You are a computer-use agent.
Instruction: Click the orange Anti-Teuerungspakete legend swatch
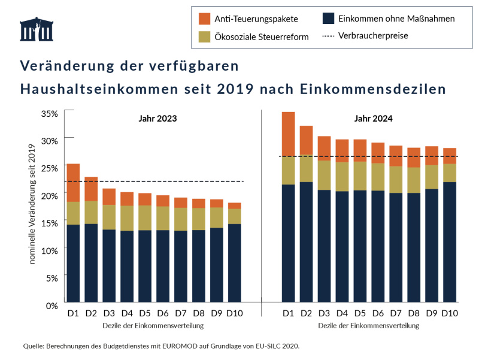tap(204, 19)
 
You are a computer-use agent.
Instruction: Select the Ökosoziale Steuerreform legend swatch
tap(204, 37)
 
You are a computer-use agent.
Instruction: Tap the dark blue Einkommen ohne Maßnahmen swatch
tap(328, 19)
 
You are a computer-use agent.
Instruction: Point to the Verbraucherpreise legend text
tap(373, 36)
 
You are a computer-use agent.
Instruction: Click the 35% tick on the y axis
tap(49, 113)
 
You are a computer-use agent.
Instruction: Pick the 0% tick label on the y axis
tap(51, 305)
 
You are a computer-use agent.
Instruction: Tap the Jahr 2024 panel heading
tap(373, 119)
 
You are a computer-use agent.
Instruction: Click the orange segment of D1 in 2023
tap(73, 183)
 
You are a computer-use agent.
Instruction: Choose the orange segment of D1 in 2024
tap(289, 134)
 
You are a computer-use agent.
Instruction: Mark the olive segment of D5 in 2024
tap(360, 176)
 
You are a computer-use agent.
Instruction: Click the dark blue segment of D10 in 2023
tap(234, 263)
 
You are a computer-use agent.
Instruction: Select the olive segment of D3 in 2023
tap(109, 217)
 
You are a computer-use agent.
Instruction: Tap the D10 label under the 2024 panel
tap(450, 313)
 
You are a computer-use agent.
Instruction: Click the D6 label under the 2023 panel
tap(163, 313)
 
